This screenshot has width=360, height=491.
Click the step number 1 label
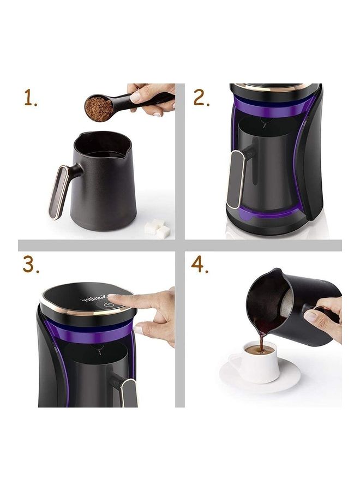click(30, 98)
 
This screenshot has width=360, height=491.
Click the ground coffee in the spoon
click(99, 107)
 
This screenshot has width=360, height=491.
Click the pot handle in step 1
click(59, 191)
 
